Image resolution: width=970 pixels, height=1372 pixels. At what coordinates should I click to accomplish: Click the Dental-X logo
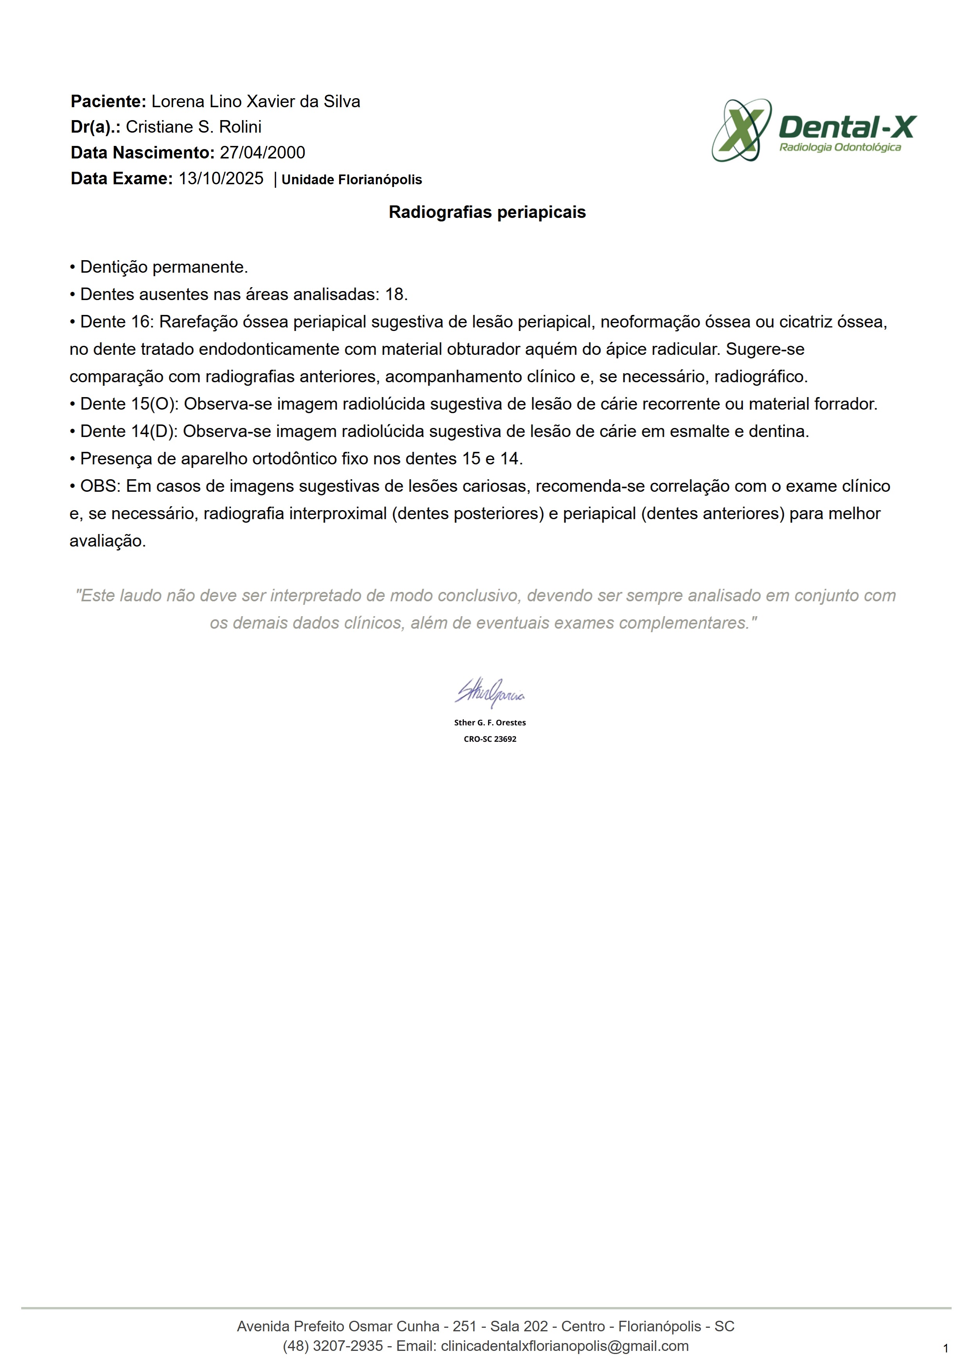click(814, 129)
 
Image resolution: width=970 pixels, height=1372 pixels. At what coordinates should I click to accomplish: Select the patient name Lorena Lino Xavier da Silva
click(256, 102)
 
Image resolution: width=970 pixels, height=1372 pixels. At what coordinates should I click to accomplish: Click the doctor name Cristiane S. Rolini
click(194, 127)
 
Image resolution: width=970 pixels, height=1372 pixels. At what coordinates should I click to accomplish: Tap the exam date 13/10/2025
click(221, 179)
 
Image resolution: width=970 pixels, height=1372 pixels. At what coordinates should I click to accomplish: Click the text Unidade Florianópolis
click(351, 180)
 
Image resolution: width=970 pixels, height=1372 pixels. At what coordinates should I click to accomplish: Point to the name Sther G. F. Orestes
click(490, 723)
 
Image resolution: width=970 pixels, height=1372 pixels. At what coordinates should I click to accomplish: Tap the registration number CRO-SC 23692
click(490, 739)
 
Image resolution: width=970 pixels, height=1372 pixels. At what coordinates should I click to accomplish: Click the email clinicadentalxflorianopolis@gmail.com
click(564, 1346)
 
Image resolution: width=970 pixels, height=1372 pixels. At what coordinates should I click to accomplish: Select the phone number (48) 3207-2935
click(333, 1346)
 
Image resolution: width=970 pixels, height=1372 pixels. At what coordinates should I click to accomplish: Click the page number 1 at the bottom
click(945, 1348)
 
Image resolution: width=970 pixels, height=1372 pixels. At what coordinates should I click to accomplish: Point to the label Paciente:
click(108, 102)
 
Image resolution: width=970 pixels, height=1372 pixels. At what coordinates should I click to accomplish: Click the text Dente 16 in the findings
click(117, 322)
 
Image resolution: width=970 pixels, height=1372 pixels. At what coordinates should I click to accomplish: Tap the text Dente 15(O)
click(128, 404)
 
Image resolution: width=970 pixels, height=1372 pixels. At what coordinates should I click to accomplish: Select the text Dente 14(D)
click(128, 432)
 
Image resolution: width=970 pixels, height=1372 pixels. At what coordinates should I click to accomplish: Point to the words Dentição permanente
click(163, 267)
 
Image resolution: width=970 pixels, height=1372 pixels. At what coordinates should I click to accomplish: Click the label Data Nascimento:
click(142, 153)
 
